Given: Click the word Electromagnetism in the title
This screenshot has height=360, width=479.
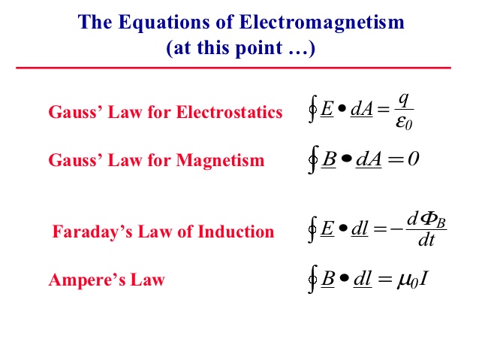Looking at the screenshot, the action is tap(321, 22).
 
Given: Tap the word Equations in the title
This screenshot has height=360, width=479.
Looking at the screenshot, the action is tap(164, 23).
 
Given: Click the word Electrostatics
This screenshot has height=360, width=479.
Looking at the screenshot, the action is tap(230, 112).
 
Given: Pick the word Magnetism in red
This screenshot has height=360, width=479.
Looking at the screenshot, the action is tap(220, 160).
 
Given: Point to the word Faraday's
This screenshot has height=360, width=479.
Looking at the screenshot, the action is tap(92, 231).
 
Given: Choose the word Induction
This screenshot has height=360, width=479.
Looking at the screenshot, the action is tap(236, 231).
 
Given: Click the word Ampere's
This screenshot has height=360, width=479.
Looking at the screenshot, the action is tap(87, 280).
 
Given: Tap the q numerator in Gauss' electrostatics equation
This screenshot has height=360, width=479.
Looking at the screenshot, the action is tap(403, 100).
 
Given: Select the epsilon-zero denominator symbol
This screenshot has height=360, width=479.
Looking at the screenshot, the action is tap(404, 123).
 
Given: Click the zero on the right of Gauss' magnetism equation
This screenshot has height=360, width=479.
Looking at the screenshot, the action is tap(414, 159).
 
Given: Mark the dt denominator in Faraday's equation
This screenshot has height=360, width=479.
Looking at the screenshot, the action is tap(426, 240).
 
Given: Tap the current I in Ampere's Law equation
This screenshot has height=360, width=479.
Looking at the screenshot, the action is tap(423, 278).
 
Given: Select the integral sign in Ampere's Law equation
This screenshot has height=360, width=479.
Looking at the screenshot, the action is tap(312, 279).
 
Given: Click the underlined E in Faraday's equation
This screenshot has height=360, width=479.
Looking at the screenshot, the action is tap(327, 228).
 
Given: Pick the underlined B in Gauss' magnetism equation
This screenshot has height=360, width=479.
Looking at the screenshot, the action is tap(328, 159).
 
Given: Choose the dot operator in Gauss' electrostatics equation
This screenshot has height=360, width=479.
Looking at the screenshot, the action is tap(342, 108).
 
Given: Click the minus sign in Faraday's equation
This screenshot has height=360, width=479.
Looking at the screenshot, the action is tap(397, 228).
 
